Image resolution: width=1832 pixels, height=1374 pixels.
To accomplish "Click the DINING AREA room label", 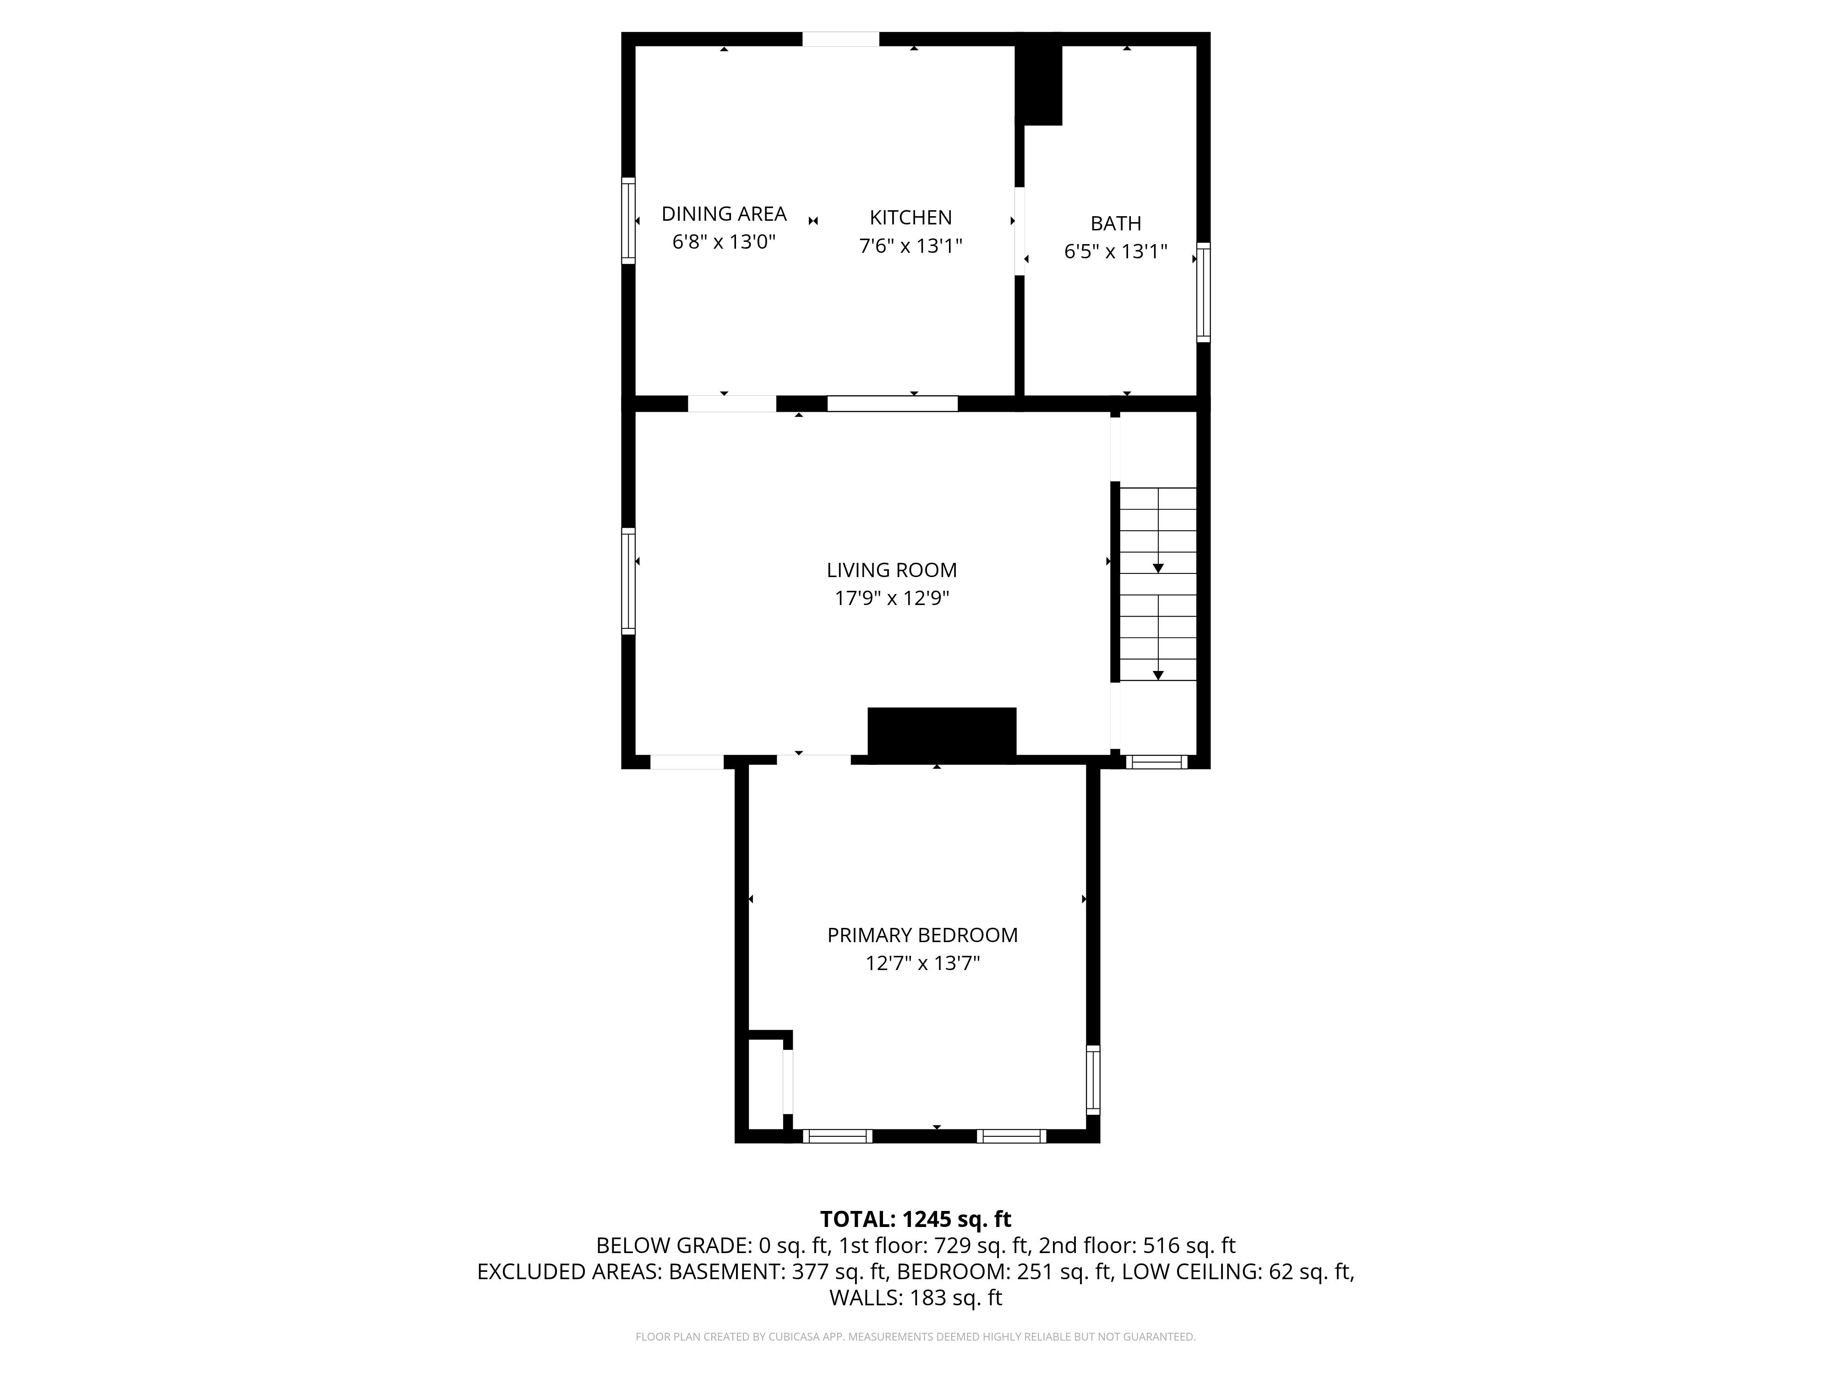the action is coord(724,214).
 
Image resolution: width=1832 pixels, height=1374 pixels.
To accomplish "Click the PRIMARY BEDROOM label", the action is coord(922,935).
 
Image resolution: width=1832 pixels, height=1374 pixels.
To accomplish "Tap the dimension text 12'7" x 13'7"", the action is coord(922,963).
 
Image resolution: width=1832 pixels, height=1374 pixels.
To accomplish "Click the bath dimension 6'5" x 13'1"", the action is coord(1116,251).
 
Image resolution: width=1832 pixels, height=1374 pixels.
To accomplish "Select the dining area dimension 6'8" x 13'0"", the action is coord(724,242).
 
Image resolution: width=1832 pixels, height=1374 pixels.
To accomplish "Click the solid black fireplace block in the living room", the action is coord(942,732).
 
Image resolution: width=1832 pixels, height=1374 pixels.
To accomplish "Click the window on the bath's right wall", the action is coord(1203,292).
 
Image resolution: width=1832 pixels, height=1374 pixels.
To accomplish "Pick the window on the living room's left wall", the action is coord(629,581).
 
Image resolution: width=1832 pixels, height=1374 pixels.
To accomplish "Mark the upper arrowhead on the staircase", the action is coord(1158,568).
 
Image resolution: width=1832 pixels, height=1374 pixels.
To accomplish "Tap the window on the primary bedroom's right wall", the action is coord(1093,1079).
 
